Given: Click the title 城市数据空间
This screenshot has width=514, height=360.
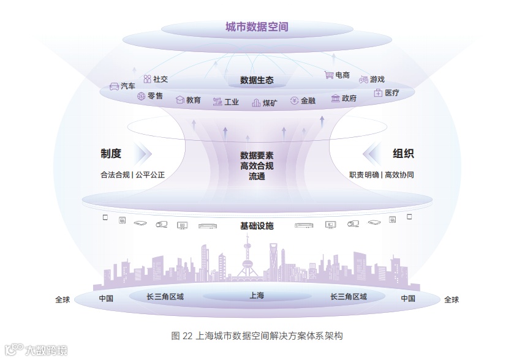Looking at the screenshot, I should [257, 27].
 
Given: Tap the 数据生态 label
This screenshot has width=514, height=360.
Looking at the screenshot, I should [257, 80].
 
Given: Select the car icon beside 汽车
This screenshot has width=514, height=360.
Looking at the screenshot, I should [114, 86].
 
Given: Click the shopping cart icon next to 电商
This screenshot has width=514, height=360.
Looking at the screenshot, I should [329, 75].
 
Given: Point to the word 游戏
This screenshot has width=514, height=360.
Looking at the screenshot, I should [377, 79].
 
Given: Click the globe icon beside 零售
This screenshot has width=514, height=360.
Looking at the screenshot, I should [141, 96].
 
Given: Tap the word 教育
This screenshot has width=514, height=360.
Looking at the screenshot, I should [194, 100].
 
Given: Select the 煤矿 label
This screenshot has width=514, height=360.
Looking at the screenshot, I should [270, 102].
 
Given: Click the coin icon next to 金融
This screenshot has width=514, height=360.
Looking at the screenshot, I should [294, 100].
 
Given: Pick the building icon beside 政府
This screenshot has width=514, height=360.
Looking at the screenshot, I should [335, 98].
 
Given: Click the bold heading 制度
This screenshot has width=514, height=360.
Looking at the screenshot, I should [111, 153].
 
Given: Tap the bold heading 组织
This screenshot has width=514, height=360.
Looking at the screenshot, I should [403, 153].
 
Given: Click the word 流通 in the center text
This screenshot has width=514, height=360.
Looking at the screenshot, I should [257, 176].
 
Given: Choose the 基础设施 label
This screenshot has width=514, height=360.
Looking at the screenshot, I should [257, 226].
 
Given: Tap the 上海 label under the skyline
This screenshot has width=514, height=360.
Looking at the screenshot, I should [257, 296].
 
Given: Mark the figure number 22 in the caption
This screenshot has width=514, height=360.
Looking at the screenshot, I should [187, 336].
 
